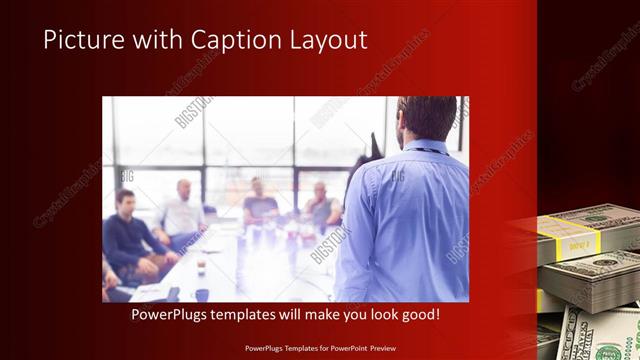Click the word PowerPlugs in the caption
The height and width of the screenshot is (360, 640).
(x=173, y=314)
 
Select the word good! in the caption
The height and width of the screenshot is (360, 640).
(x=418, y=314)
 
